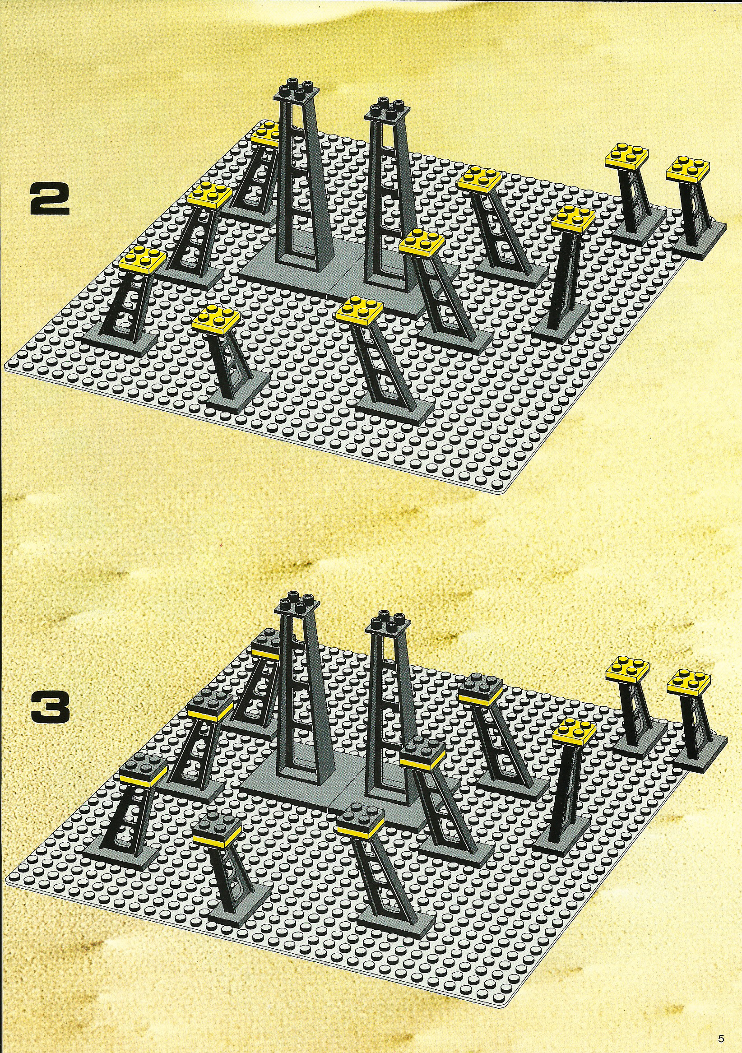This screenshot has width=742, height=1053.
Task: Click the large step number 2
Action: pyautogui.click(x=50, y=199)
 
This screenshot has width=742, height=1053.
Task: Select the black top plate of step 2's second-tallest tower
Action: pyautogui.click(x=388, y=110)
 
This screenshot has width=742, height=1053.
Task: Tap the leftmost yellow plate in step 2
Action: pyautogui.click(x=142, y=260)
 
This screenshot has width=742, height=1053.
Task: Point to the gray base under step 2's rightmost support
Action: pyautogui.click(x=700, y=237)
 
